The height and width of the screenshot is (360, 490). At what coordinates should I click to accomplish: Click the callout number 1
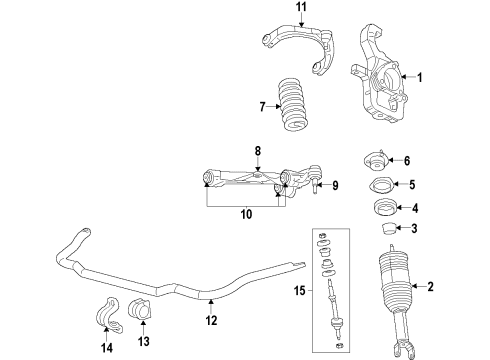tap(420, 77)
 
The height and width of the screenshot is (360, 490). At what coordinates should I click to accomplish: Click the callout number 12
tap(239, 321)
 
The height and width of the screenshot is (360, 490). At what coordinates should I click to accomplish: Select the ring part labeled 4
tap(379, 210)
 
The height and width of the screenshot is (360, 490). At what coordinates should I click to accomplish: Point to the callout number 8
tap(258, 151)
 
